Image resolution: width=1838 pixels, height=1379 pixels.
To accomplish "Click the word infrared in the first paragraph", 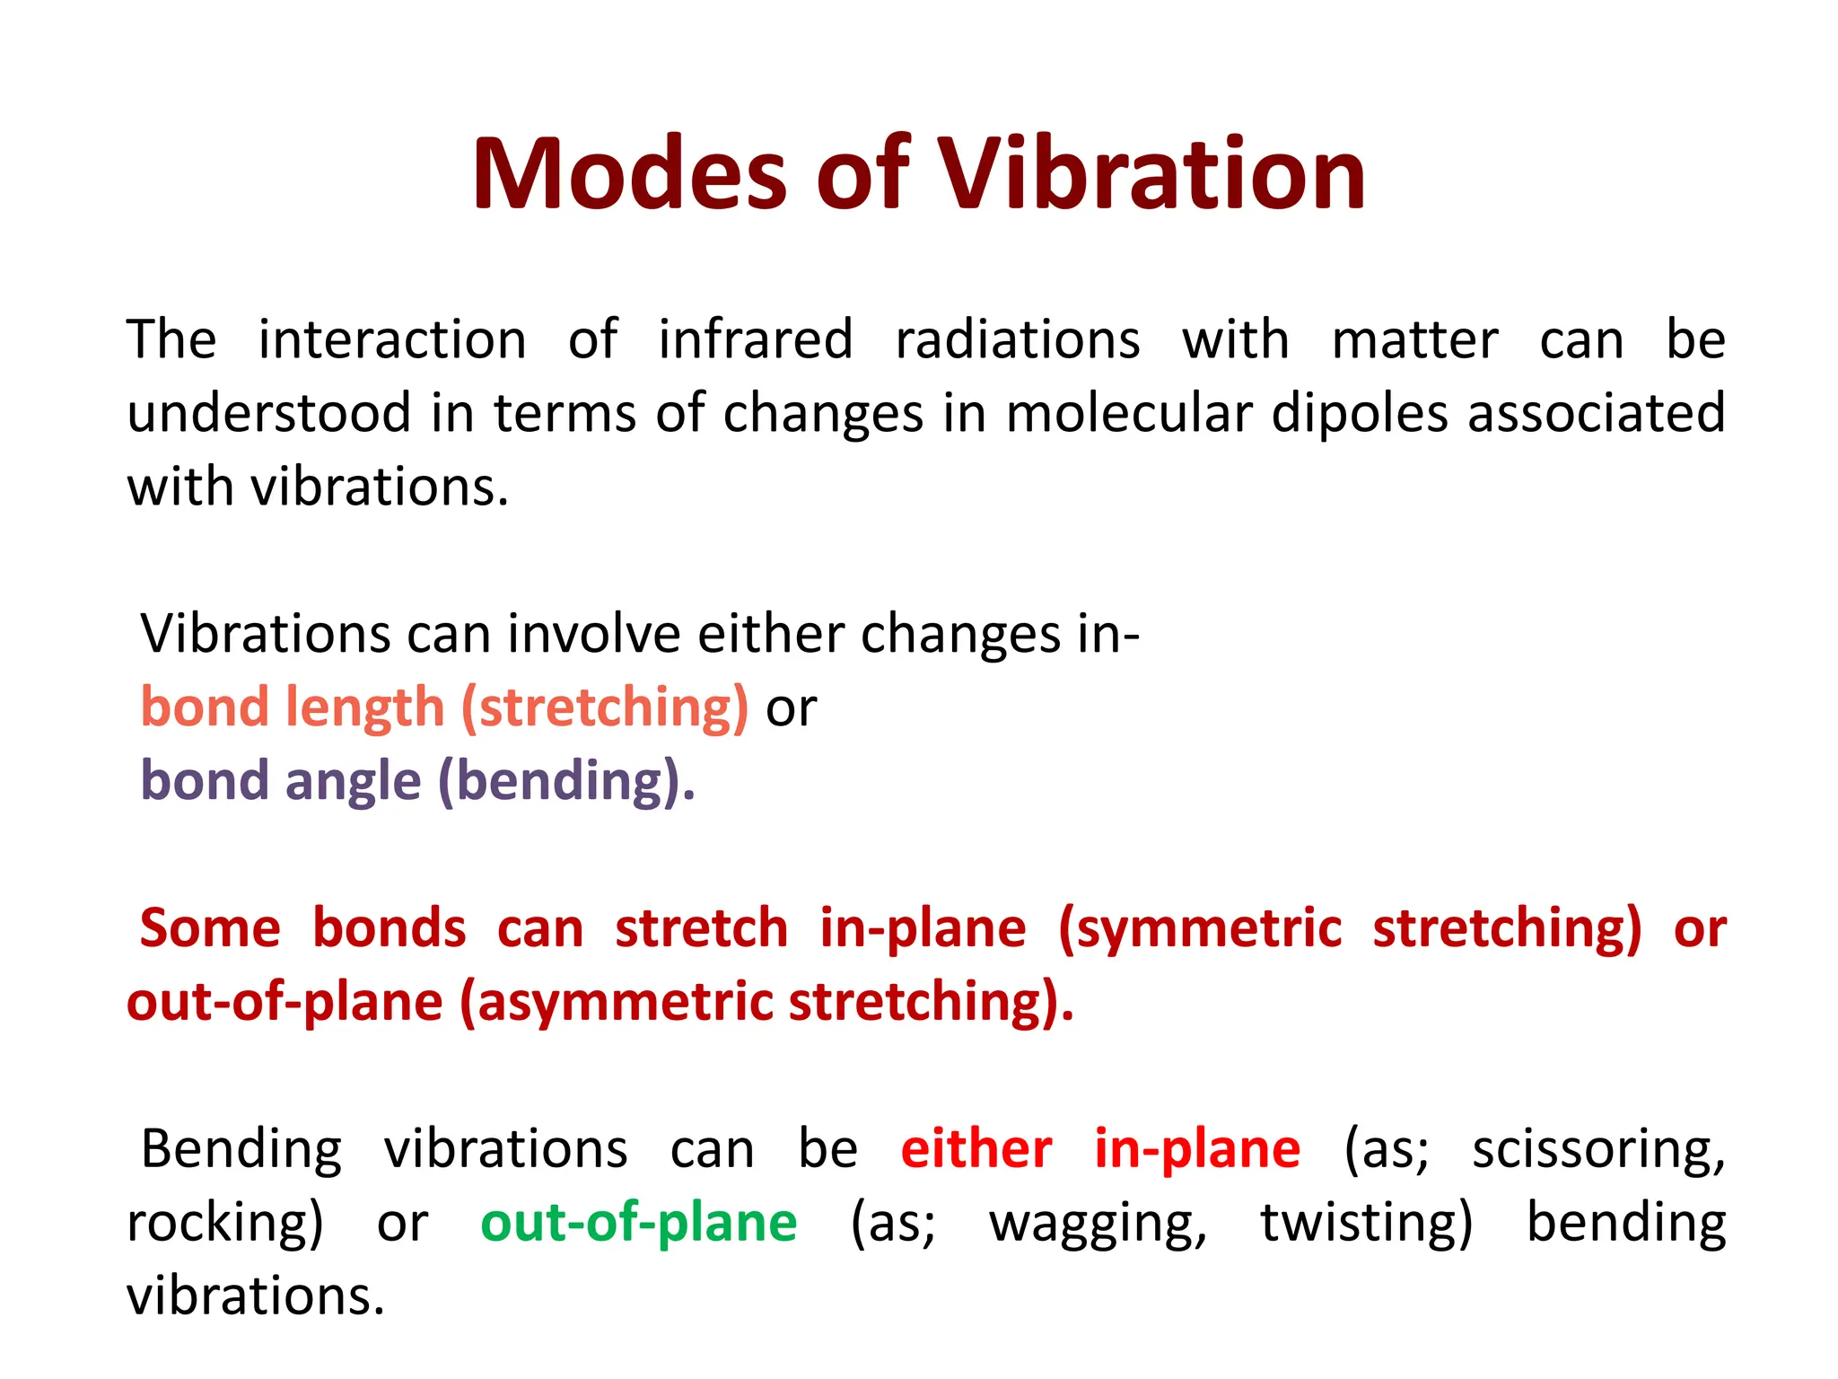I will [756, 340].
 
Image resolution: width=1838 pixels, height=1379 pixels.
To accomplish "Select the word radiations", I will [1018, 340].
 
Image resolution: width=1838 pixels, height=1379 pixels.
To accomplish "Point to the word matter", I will [1414, 340].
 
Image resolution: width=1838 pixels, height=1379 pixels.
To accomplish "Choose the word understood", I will [268, 414].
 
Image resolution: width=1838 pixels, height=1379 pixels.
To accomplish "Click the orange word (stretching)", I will [605, 708].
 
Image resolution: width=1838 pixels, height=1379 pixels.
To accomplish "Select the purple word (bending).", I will [566, 782].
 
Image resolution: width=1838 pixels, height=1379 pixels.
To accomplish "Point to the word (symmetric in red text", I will [1200, 929].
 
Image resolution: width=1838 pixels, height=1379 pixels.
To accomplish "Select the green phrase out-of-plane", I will [638, 1224].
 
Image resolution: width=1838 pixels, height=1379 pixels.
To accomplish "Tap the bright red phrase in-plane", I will [1197, 1150].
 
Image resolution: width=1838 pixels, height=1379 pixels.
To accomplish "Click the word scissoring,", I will [1598, 1150].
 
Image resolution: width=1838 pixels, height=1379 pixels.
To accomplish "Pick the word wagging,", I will [1098, 1224].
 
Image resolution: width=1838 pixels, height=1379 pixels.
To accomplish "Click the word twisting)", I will [1367, 1224].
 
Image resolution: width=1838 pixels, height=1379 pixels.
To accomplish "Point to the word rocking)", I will [224, 1224].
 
